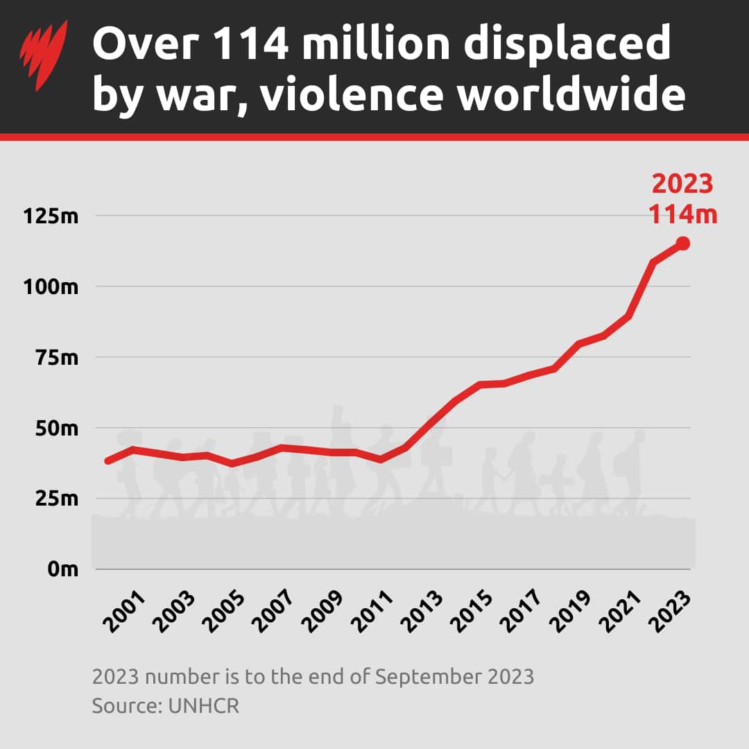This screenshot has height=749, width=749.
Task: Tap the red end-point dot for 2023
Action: (683, 243)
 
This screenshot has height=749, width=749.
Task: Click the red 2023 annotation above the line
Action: (682, 184)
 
